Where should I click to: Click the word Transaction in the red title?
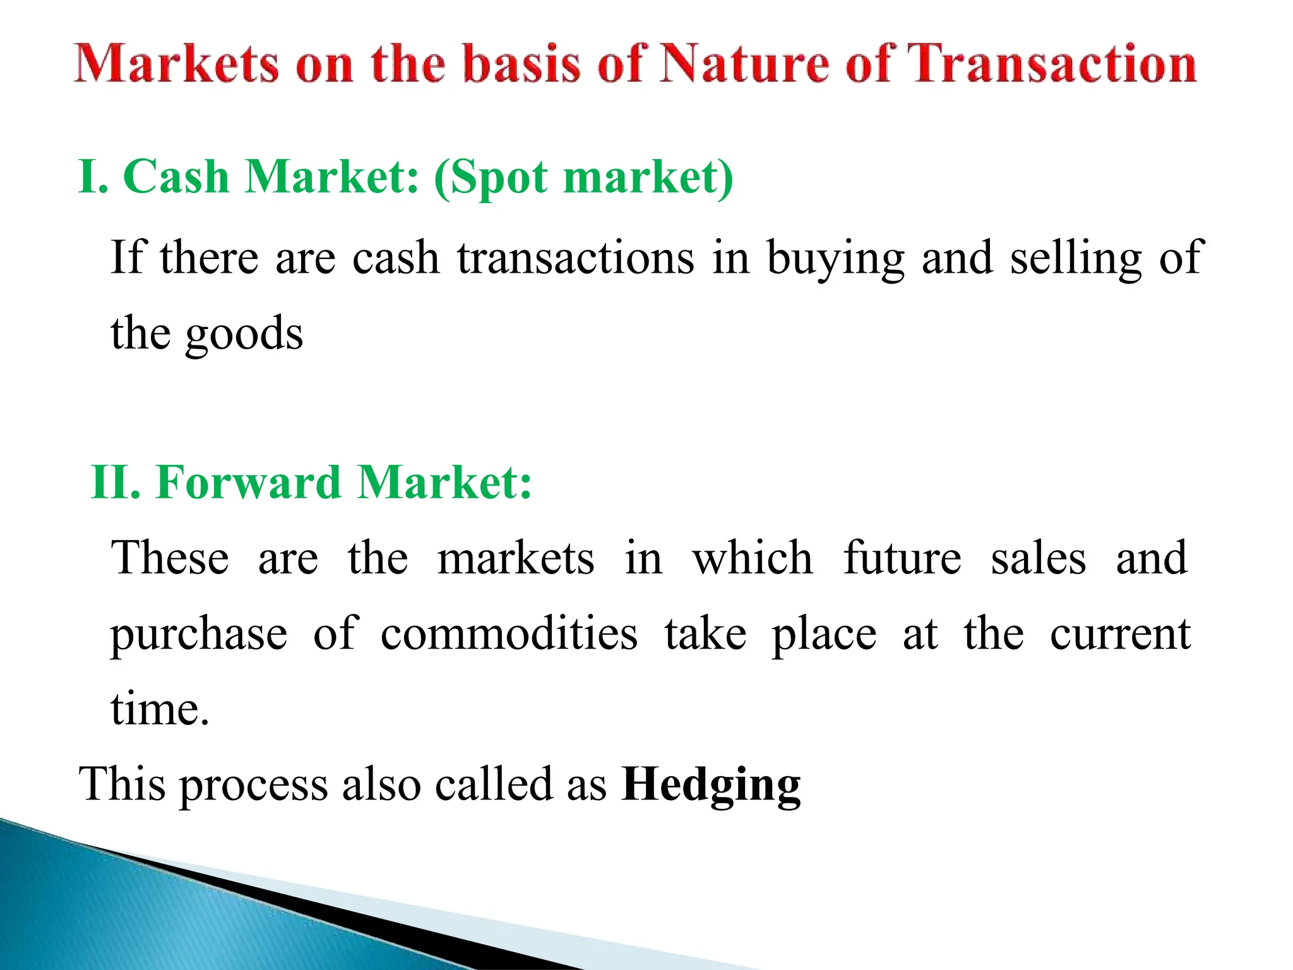pyautogui.click(x=1051, y=64)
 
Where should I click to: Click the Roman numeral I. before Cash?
pyautogui.click(x=93, y=176)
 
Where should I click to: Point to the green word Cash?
pyautogui.click(x=176, y=176)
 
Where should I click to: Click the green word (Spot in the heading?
pyautogui.click(x=491, y=177)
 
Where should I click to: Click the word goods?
pyautogui.click(x=244, y=335)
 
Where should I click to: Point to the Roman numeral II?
pyautogui.click(x=116, y=482)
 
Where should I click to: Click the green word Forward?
pyautogui.click(x=249, y=482)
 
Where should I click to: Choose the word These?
pyautogui.click(x=170, y=558)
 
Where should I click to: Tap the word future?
pyautogui.click(x=903, y=558)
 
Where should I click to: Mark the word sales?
pyautogui.click(x=1039, y=558)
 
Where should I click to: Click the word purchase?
pyautogui.click(x=199, y=635)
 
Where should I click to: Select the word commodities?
pyautogui.click(x=509, y=633)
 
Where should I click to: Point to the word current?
pyautogui.click(x=1120, y=633)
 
